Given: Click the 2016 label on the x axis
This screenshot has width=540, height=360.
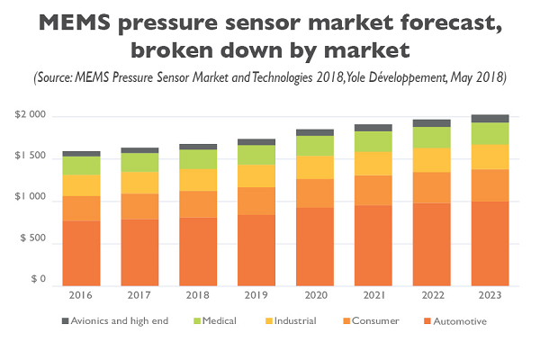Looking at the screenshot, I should click(81, 294).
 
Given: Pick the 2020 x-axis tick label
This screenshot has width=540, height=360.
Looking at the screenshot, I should click(315, 294).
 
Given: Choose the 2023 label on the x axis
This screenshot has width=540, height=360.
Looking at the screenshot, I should click(490, 294).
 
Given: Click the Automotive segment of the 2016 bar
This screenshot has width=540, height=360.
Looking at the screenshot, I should click(81, 253).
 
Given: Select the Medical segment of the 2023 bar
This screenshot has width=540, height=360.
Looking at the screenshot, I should click(490, 133).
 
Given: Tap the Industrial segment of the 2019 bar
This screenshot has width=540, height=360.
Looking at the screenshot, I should click(256, 175).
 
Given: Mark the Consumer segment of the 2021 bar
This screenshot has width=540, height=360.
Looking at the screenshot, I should click(373, 190).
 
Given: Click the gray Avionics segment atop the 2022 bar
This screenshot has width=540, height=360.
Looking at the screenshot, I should click(432, 122).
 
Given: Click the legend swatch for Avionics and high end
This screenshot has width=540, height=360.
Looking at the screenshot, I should click(66, 320).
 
